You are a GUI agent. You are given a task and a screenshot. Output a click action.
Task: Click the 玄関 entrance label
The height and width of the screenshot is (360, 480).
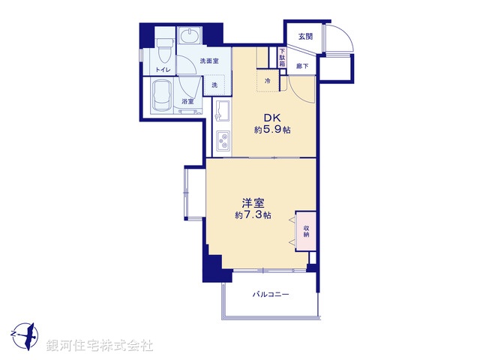(304, 36)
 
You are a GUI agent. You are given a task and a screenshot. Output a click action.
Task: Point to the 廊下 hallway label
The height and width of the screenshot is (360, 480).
(301, 66)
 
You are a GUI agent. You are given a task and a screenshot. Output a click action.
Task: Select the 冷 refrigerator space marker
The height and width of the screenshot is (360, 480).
(268, 80)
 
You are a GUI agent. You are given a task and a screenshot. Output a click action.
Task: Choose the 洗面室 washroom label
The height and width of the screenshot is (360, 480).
(209, 61)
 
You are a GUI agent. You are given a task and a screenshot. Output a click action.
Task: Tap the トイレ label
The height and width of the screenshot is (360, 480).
(162, 70)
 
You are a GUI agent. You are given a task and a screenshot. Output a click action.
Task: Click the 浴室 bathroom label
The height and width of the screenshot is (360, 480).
(187, 101)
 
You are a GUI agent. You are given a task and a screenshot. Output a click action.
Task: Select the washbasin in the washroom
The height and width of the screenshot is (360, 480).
(189, 37)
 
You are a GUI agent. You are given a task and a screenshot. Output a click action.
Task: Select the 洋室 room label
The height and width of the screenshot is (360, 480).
(252, 202)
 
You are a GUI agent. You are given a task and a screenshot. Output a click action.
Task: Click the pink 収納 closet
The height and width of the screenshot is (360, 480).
(307, 230)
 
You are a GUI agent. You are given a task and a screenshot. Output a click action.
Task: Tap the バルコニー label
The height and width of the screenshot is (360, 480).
(271, 294)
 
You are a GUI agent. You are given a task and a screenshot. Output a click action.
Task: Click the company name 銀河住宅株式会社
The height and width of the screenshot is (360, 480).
(100, 346)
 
